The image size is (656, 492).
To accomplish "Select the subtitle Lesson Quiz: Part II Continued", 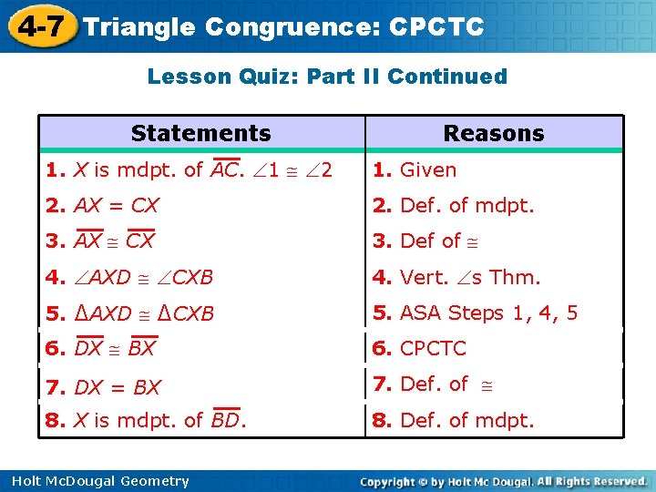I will pyautogui.click(x=327, y=77).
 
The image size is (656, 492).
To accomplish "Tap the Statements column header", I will pyautogui.click(x=200, y=133).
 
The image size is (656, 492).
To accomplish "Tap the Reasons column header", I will pyautogui.click(x=493, y=133).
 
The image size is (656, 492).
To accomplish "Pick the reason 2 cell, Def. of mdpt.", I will pyautogui.click(x=454, y=206).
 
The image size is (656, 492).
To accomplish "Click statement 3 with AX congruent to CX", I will pyautogui.click(x=101, y=241).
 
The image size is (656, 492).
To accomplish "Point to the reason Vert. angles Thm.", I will pyautogui.click(x=456, y=277).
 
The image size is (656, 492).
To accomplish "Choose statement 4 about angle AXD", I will pyautogui.click(x=129, y=277).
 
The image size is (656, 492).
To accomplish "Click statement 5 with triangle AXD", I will pyautogui.click(x=130, y=313).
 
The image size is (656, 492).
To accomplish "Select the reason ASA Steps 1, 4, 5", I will pyautogui.click(x=475, y=313).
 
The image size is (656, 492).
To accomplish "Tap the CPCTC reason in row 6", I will pyautogui.click(x=420, y=348).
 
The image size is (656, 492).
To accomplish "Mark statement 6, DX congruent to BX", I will pyautogui.click(x=101, y=348).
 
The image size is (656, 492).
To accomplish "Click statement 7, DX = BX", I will pyautogui.click(x=103, y=387).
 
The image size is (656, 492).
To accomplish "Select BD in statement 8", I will pyautogui.click(x=226, y=420).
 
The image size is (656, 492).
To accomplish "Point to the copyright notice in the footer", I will pyautogui.click(x=503, y=481).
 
